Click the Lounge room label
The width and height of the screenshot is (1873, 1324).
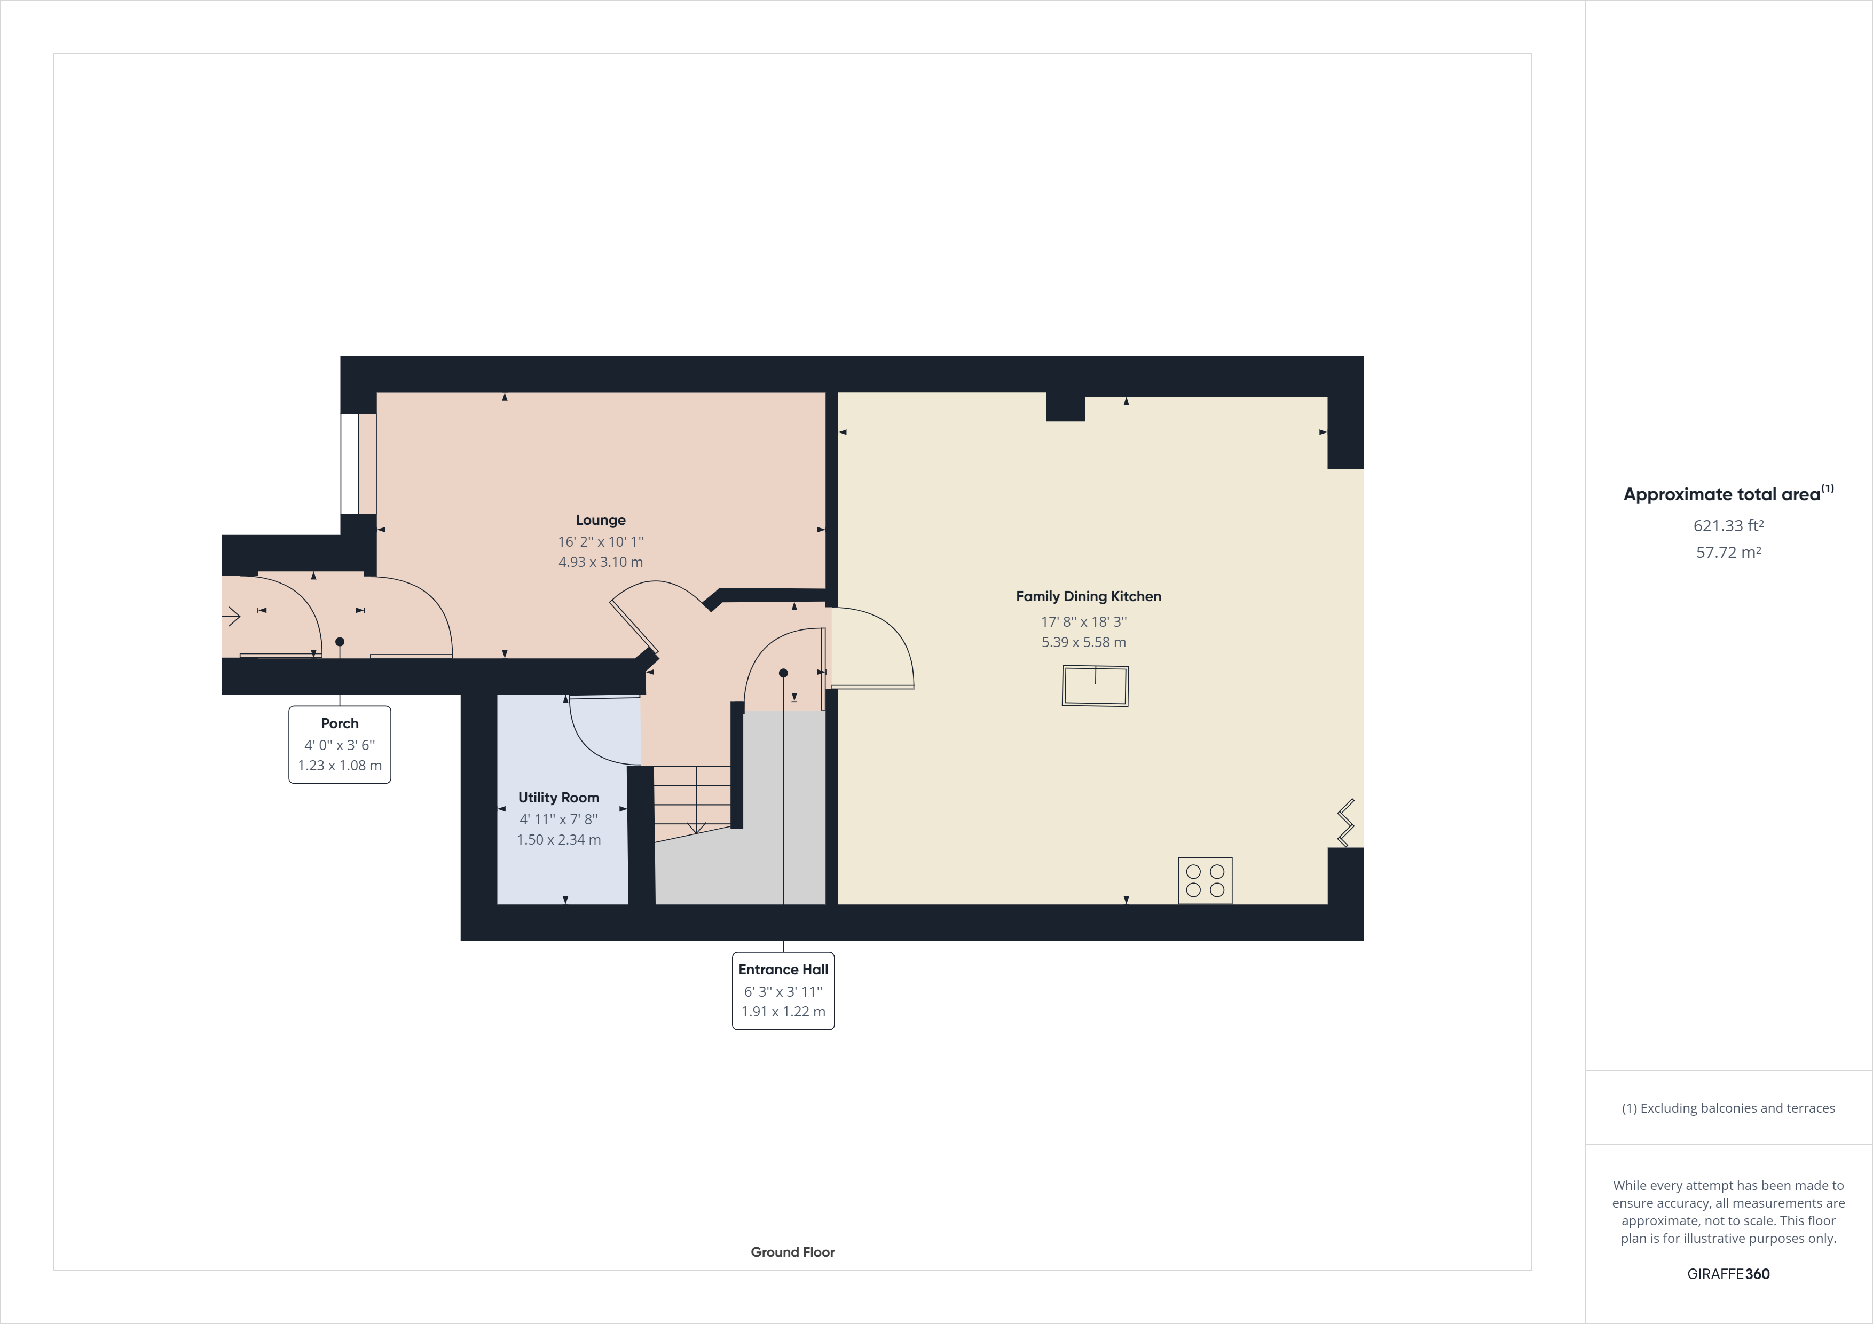tap(601, 519)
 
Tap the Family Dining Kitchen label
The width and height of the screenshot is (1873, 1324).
tap(1088, 596)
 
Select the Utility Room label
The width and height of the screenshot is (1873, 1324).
tap(558, 797)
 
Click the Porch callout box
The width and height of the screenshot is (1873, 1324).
tap(340, 744)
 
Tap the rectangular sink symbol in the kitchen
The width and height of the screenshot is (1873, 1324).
tap(1095, 685)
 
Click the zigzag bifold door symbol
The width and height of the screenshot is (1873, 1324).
tap(1345, 822)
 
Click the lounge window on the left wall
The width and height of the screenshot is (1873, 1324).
tap(349, 463)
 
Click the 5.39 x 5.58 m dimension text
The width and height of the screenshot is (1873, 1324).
tap(1083, 642)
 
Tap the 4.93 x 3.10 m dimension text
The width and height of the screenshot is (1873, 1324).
tap(601, 562)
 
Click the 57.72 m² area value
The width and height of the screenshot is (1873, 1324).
tap(1728, 552)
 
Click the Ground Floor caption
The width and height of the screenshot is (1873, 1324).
tap(792, 1251)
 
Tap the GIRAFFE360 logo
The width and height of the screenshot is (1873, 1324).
tap(1728, 1273)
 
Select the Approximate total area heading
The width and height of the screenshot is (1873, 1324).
tap(1727, 493)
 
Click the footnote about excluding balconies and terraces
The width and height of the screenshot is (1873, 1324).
tap(1728, 1108)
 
